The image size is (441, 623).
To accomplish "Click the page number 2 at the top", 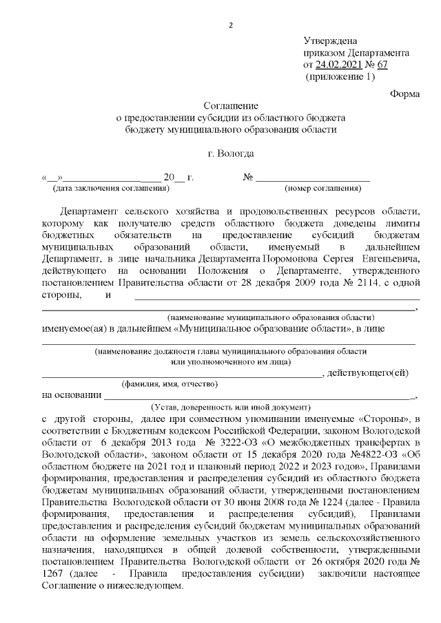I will [x=231, y=26].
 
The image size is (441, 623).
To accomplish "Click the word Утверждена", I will [x=330, y=41].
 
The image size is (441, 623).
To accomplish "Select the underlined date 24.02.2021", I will [x=340, y=65].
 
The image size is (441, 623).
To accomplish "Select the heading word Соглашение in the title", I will [x=231, y=106].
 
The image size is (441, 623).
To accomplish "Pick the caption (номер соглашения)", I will [x=323, y=188].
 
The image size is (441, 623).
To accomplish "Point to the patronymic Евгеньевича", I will [x=388, y=257].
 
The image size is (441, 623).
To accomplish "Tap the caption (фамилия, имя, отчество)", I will [x=170, y=383].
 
